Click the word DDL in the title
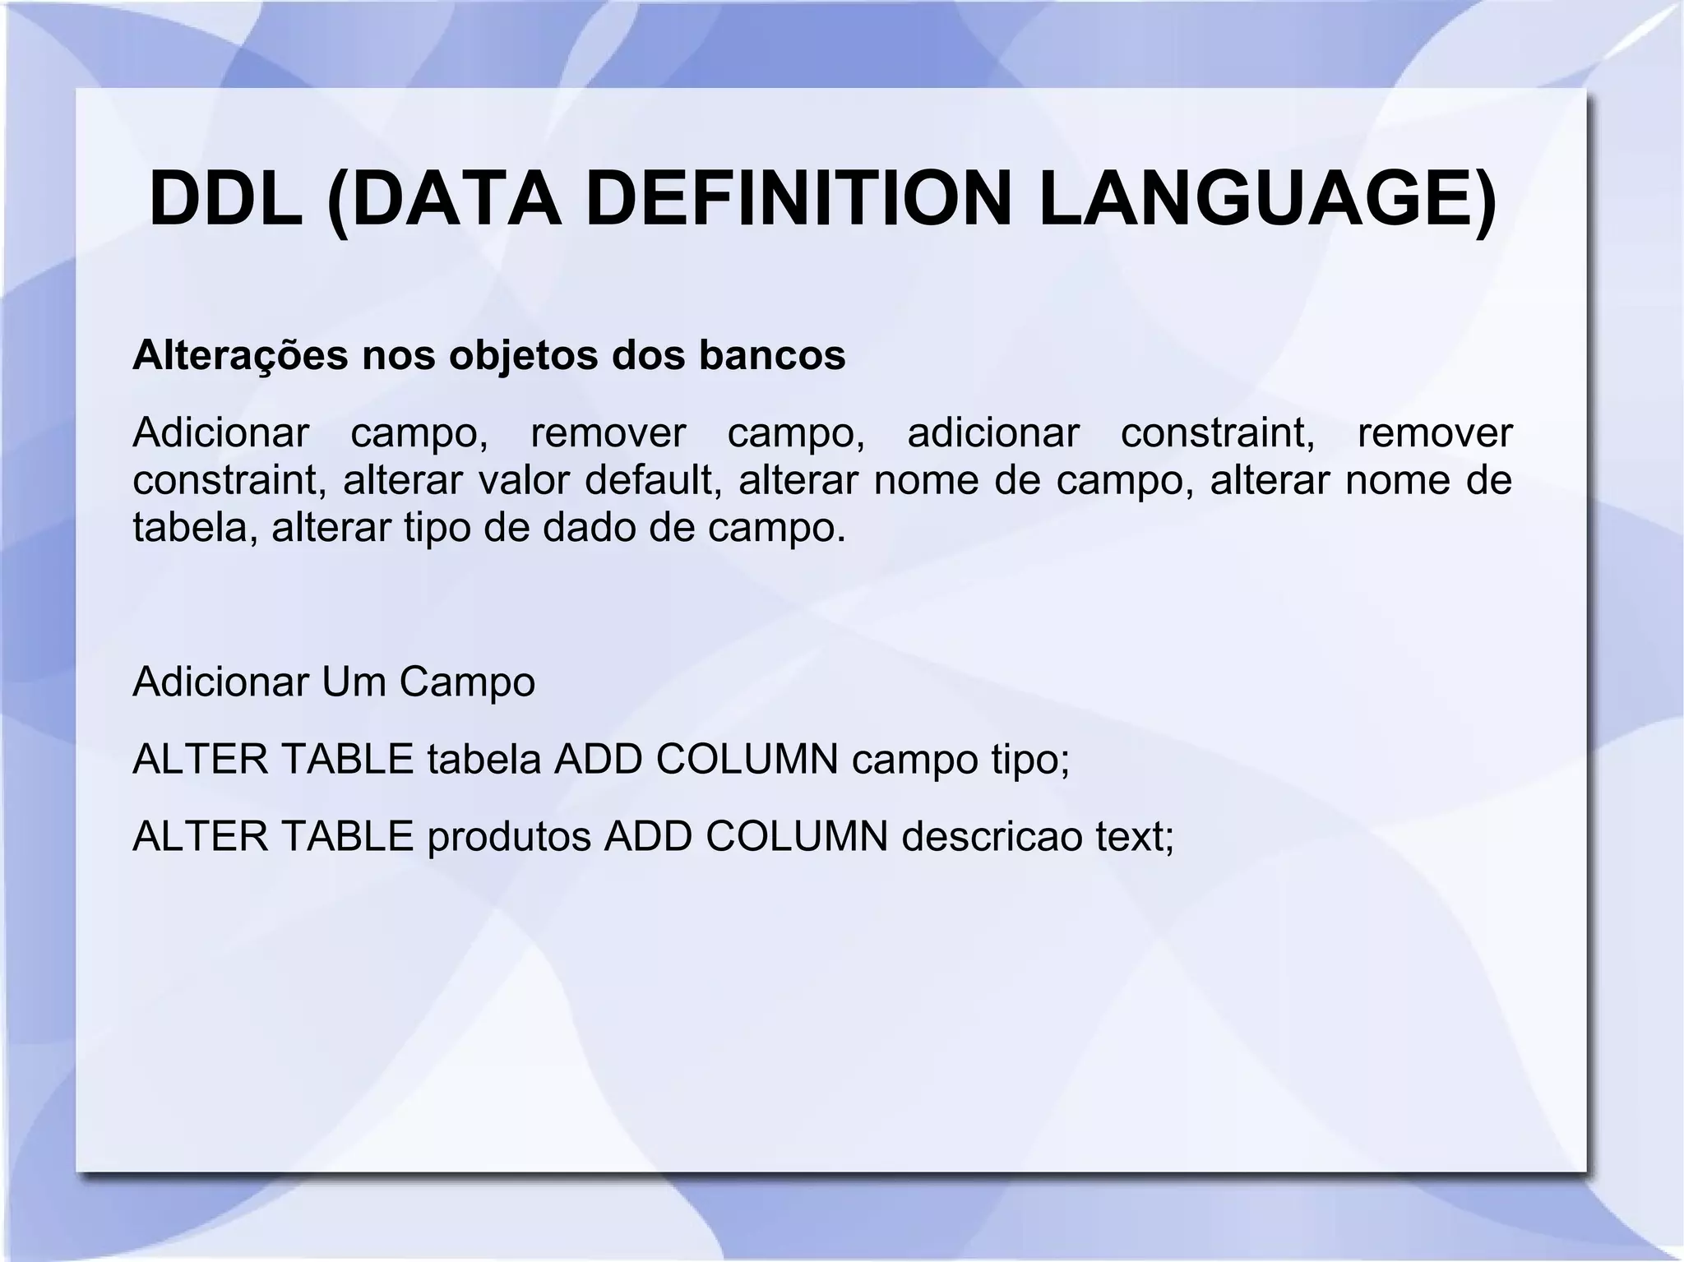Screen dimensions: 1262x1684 pyautogui.click(x=225, y=200)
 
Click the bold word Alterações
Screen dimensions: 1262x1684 pyautogui.click(x=239, y=355)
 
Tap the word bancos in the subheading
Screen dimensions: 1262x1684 pyautogui.click(x=772, y=355)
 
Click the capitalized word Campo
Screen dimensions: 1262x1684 pyautogui.click(x=466, y=682)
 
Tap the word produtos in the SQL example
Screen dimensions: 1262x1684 pyautogui.click(x=509, y=837)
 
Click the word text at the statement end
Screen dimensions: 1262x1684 pyautogui.click(x=1134, y=837)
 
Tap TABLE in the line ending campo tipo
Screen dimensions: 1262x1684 pyautogui.click(x=347, y=759)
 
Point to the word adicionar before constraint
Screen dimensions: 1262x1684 pyautogui.click(x=992, y=433)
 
